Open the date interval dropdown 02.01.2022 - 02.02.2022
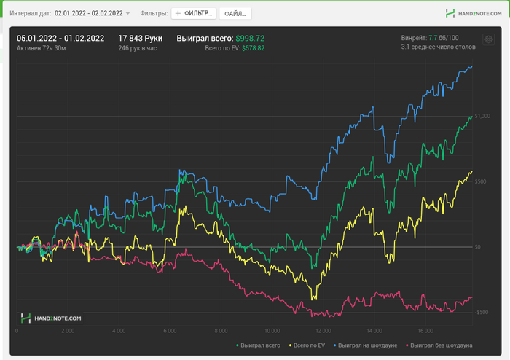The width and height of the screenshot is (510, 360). tap(92, 13)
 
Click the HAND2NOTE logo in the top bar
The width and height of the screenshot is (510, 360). tap(472, 13)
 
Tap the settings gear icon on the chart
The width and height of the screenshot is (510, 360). tap(488, 39)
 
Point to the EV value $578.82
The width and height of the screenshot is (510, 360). tap(253, 48)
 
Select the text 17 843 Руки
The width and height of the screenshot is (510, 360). tap(141, 38)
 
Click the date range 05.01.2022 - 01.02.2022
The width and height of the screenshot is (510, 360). tap(60, 38)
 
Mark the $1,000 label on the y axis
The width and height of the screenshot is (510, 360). tap(482, 116)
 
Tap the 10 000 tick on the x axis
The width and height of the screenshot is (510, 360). tap(273, 329)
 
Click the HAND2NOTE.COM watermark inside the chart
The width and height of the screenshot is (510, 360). tap(52, 318)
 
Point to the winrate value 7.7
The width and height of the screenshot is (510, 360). tap(433, 38)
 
